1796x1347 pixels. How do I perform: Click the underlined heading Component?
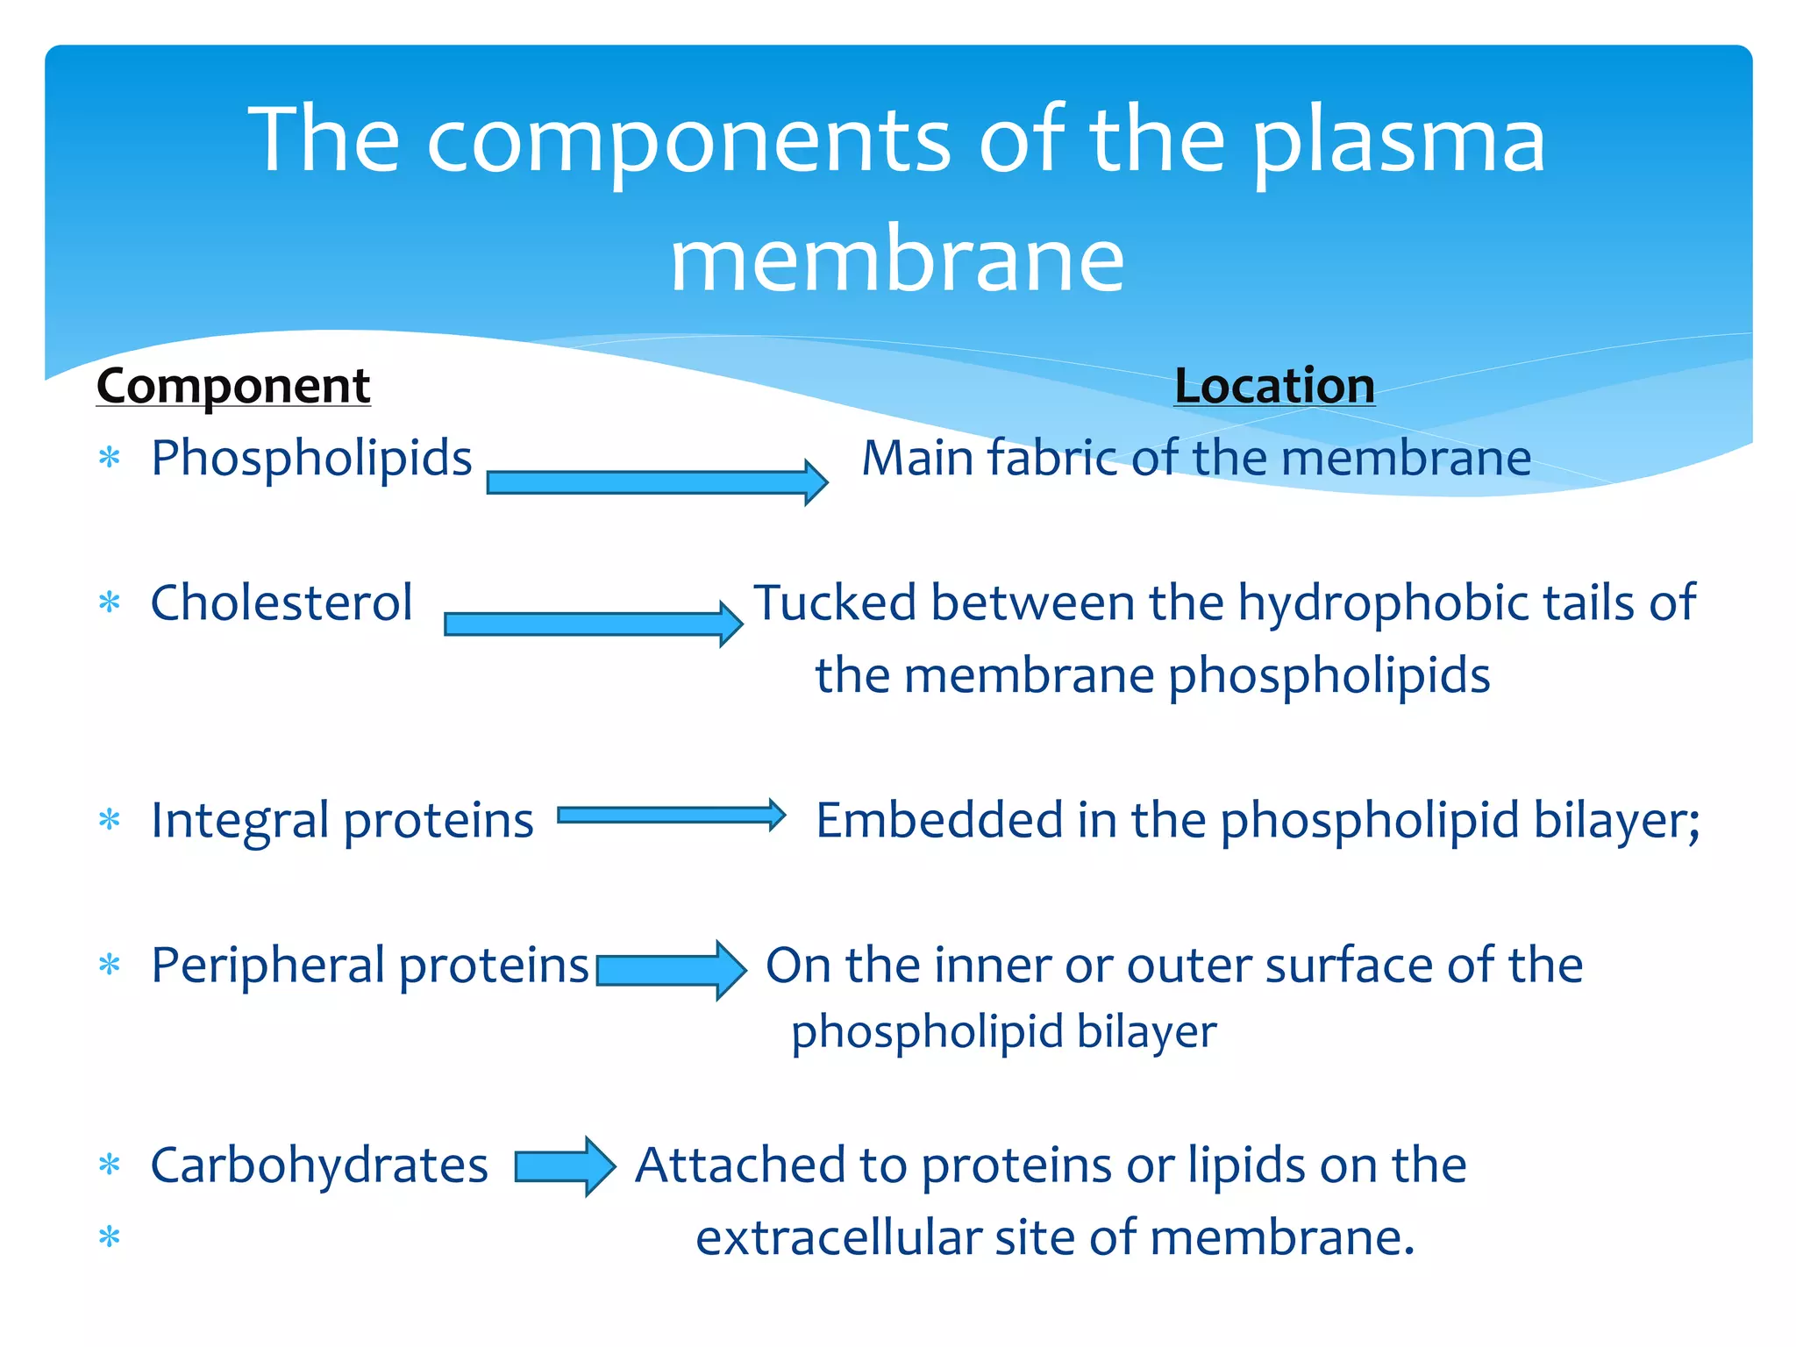click(233, 386)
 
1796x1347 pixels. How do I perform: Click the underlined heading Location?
click(1274, 386)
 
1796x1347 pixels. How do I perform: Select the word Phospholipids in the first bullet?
click(311, 459)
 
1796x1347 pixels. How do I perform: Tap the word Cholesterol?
click(282, 603)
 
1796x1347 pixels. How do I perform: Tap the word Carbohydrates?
click(319, 1166)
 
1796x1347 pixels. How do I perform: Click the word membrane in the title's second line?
click(897, 260)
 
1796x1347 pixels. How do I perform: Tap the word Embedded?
click(939, 821)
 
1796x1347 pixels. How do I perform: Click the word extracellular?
click(837, 1238)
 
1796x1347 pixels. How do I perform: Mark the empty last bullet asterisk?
click(110, 1237)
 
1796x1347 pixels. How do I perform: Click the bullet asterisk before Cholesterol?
click(110, 603)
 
